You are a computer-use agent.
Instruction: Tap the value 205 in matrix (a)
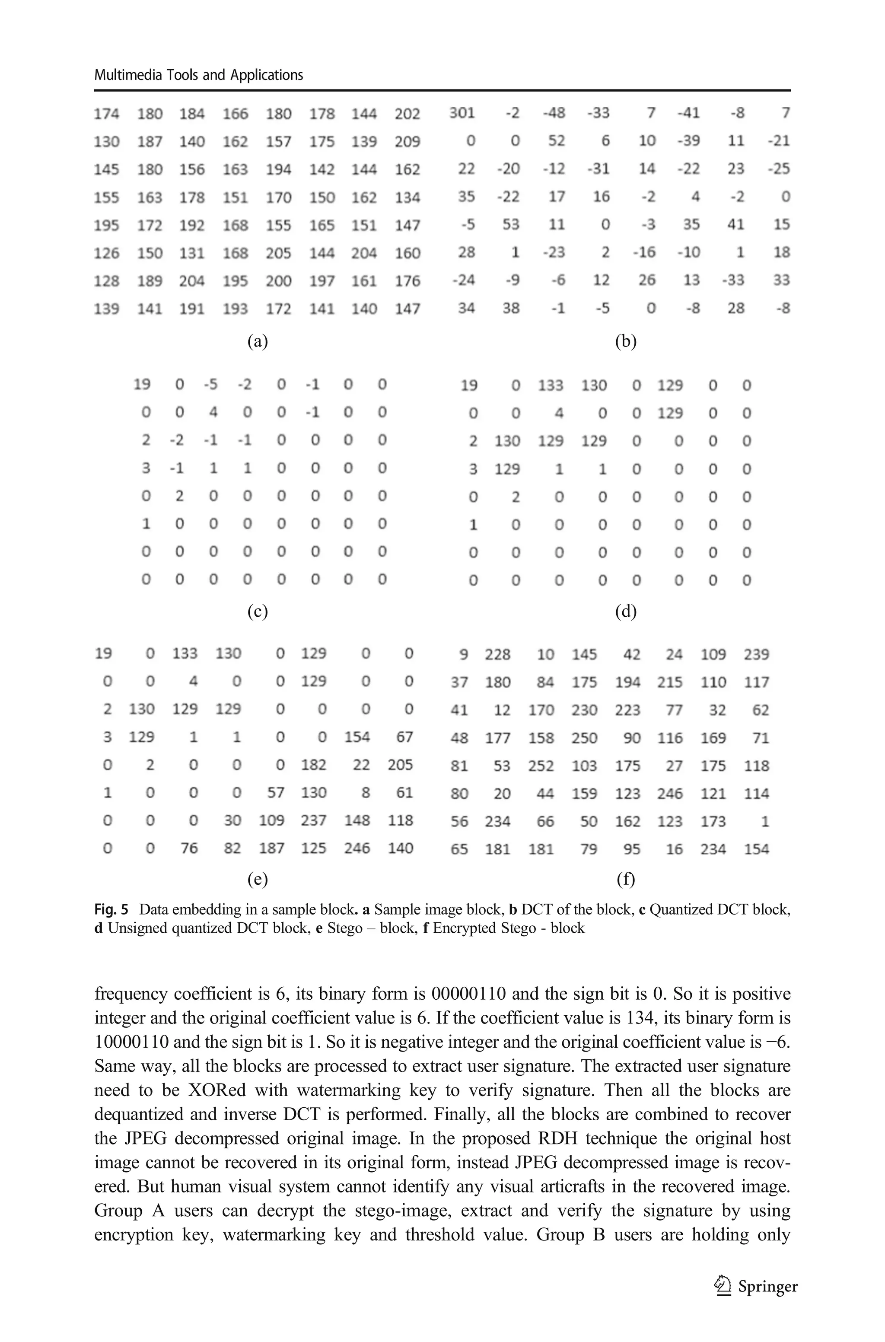[278, 253]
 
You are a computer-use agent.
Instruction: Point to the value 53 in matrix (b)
[510, 225]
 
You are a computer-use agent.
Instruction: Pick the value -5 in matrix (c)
[210, 384]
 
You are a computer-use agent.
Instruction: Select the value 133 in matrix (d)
[550, 386]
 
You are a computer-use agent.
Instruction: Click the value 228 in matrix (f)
[497, 655]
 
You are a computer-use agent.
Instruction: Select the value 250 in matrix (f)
[584, 738]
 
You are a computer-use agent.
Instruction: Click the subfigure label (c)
[258, 611]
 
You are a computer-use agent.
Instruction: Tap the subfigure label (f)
[625, 879]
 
